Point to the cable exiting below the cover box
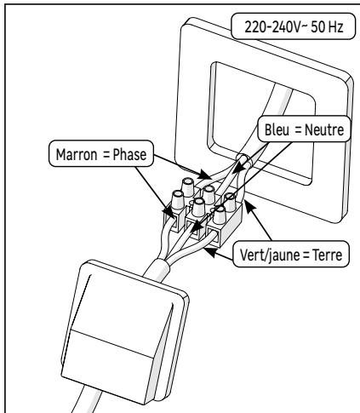point(81,396)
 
